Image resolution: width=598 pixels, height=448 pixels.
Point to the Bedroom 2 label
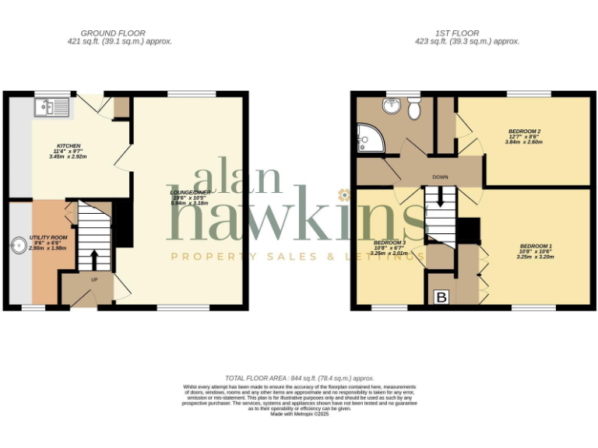[524, 131]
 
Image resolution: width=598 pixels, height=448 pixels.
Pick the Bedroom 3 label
[389, 243]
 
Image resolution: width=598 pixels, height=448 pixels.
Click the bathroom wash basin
[392, 106]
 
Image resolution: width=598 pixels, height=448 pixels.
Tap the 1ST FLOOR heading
[466, 33]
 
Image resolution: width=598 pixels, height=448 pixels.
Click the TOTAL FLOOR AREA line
[299, 378]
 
